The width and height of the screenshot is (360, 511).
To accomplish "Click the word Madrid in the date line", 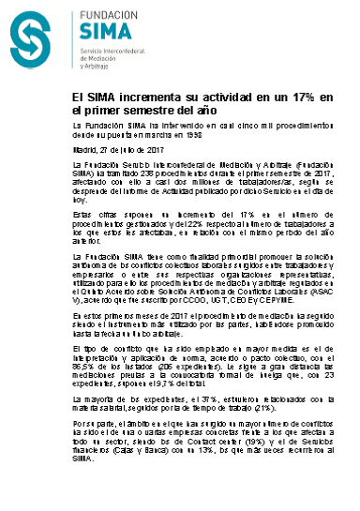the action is [x=83, y=148].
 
